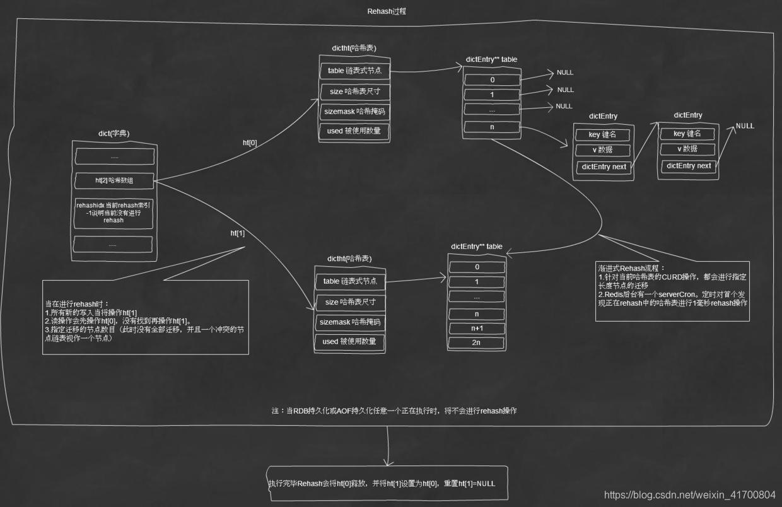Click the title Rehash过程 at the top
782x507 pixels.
click(x=390, y=12)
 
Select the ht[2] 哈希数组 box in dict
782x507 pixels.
click(x=115, y=180)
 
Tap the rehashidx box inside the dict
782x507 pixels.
click(x=114, y=212)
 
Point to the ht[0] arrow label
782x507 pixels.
click(x=250, y=143)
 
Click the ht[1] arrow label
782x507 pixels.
click(x=238, y=233)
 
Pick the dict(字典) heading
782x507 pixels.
click(x=114, y=134)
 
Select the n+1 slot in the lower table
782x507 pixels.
click(x=477, y=328)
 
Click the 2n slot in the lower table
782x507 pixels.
click(x=477, y=343)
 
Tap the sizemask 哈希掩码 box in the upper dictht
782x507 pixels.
click(x=354, y=112)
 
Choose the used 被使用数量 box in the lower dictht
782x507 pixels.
click(x=349, y=342)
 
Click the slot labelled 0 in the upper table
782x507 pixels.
click(x=493, y=80)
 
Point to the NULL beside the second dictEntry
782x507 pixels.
click(x=745, y=125)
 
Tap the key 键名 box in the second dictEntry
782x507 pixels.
click(x=687, y=134)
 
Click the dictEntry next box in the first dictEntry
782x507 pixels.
click(x=604, y=167)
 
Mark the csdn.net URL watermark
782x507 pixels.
click(x=689, y=494)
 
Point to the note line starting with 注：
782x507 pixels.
click(x=394, y=411)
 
